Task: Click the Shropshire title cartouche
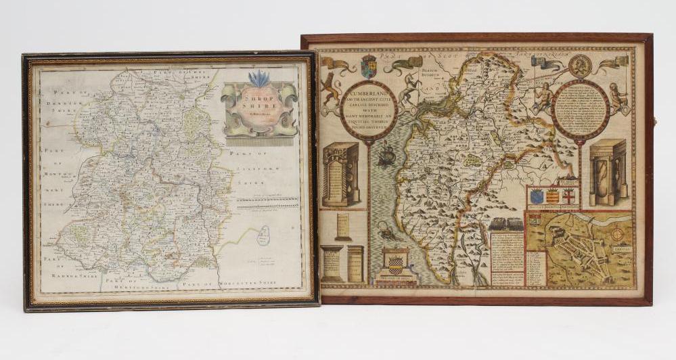(x=259, y=108)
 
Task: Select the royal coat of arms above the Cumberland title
(x=369, y=66)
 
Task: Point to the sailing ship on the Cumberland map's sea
(x=386, y=156)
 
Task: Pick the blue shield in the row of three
(x=537, y=196)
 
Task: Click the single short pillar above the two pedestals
(x=344, y=226)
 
